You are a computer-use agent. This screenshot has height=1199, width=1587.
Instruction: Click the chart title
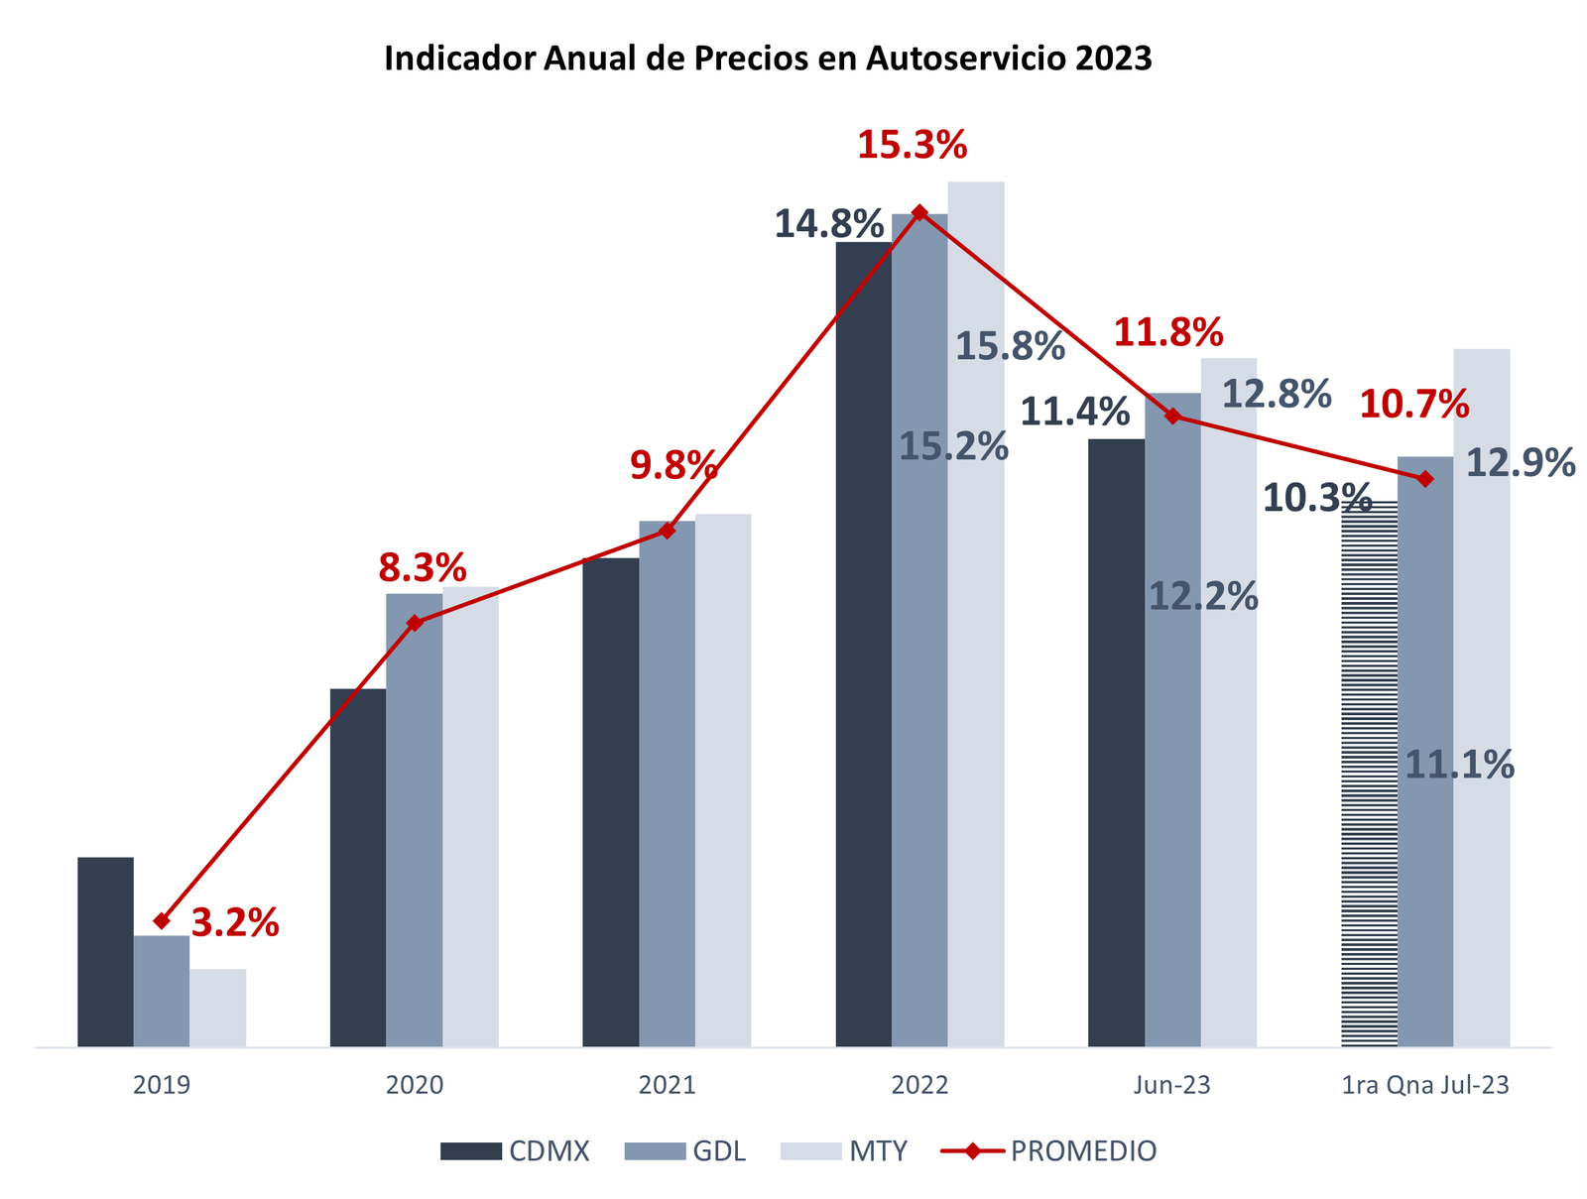point(768,60)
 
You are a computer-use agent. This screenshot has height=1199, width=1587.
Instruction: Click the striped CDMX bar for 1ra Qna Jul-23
point(1369,774)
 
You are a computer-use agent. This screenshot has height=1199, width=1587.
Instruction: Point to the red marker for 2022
point(919,212)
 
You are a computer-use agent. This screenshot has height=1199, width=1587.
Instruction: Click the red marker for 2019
point(162,921)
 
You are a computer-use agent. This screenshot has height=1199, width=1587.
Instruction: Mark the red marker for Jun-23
point(1172,417)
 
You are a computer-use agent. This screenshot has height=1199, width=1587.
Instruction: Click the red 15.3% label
point(912,146)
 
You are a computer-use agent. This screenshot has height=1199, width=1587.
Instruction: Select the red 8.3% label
point(423,568)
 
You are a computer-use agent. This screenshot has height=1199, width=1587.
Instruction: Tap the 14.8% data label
point(828,223)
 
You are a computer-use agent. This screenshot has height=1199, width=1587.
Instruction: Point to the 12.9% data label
point(1520,462)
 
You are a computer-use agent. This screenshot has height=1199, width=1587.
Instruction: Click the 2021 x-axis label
point(667,1085)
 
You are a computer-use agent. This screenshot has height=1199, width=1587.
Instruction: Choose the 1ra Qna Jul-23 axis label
point(1424,1085)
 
